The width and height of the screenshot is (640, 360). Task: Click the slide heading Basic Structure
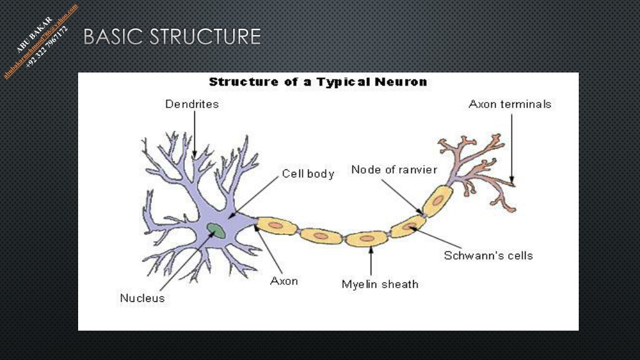(x=172, y=37)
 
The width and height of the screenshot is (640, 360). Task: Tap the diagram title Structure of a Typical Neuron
(x=318, y=82)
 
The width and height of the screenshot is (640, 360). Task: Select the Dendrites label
(x=192, y=104)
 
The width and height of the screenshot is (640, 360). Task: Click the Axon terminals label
(x=510, y=104)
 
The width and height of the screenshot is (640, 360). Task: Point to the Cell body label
(x=308, y=174)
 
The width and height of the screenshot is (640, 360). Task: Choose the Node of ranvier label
(x=394, y=169)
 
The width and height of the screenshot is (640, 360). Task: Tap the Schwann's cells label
(x=488, y=256)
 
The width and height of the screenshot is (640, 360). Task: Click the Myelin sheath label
(x=380, y=284)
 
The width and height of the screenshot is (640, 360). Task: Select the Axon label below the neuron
(x=284, y=281)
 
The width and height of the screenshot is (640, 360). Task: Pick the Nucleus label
(x=142, y=298)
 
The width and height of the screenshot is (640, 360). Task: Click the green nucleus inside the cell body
(x=216, y=230)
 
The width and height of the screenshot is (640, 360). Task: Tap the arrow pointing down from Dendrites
(x=195, y=135)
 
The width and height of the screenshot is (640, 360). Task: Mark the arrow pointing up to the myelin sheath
(x=371, y=261)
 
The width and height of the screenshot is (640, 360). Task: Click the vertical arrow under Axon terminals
(x=512, y=149)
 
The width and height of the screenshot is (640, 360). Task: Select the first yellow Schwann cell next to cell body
(x=276, y=226)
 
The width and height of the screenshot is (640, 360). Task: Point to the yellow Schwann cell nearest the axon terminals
(x=437, y=201)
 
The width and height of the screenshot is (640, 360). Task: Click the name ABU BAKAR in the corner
(x=34, y=34)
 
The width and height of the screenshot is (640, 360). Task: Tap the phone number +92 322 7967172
(x=46, y=47)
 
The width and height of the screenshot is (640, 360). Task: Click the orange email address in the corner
(x=41, y=41)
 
